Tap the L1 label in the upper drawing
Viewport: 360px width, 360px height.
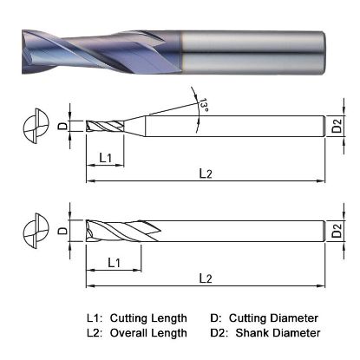coord(105,157)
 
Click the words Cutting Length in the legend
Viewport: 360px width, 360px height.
coord(152,318)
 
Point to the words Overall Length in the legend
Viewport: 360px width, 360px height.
coord(152,332)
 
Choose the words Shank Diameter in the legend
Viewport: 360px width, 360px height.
coord(278,332)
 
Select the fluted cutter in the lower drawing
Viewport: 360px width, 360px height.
coord(117,232)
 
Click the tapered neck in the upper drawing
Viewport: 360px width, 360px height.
coord(134,127)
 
